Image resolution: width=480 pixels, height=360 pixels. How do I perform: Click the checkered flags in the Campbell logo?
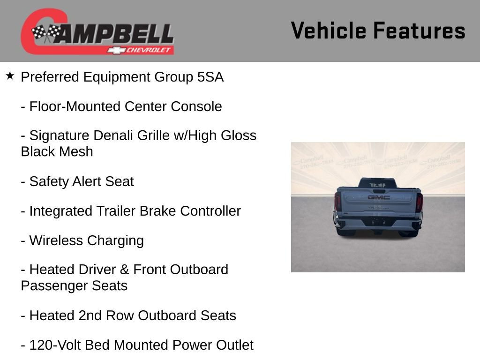(46, 32)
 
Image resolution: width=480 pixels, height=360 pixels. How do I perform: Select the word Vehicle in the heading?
(328, 31)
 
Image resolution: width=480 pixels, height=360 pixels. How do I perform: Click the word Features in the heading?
(419, 31)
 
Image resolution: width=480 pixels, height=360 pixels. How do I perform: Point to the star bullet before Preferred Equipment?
(10, 76)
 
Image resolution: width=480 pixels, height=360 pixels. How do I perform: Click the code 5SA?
(210, 77)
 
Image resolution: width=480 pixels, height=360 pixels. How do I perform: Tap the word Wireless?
(55, 240)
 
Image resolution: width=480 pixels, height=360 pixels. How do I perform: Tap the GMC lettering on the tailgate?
(378, 197)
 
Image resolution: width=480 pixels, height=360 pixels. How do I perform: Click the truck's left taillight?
(337, 202)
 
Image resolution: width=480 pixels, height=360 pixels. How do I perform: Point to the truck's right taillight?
(419, 202)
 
